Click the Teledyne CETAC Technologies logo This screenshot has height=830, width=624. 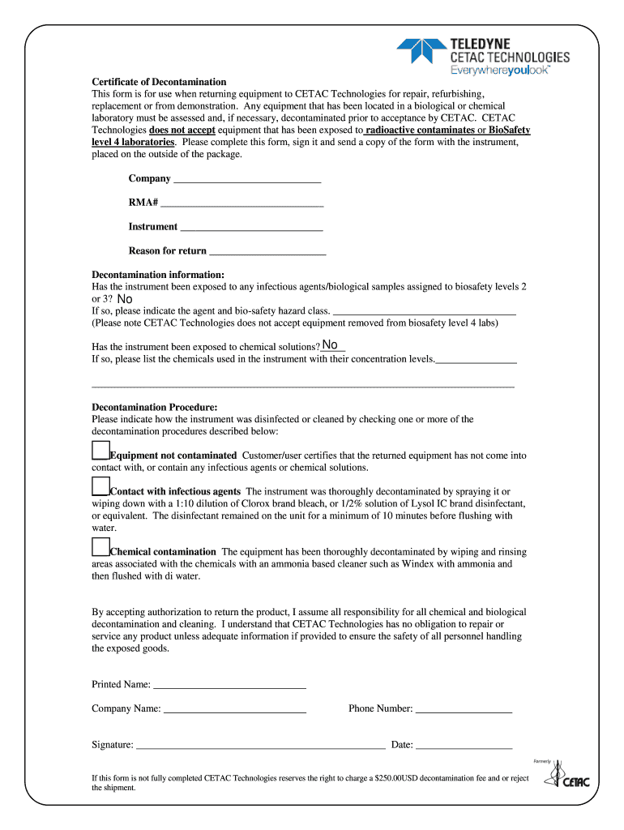[483, 56]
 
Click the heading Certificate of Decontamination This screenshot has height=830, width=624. [159, 82]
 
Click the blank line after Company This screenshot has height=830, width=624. [247, 180]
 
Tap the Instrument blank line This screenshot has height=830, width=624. [251, 228]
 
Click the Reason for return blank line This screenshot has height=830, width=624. [267, 252]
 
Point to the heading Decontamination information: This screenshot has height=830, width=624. [158, 275]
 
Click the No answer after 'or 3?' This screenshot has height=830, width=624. [125, 299]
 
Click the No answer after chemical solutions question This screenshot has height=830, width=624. [330, 345]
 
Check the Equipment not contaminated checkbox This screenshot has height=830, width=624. [100, 451]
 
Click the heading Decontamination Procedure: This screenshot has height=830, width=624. [155, 407]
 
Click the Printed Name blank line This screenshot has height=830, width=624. [229, 686]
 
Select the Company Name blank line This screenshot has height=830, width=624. [234, 710]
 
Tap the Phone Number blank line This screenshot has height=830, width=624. [464, 710]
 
